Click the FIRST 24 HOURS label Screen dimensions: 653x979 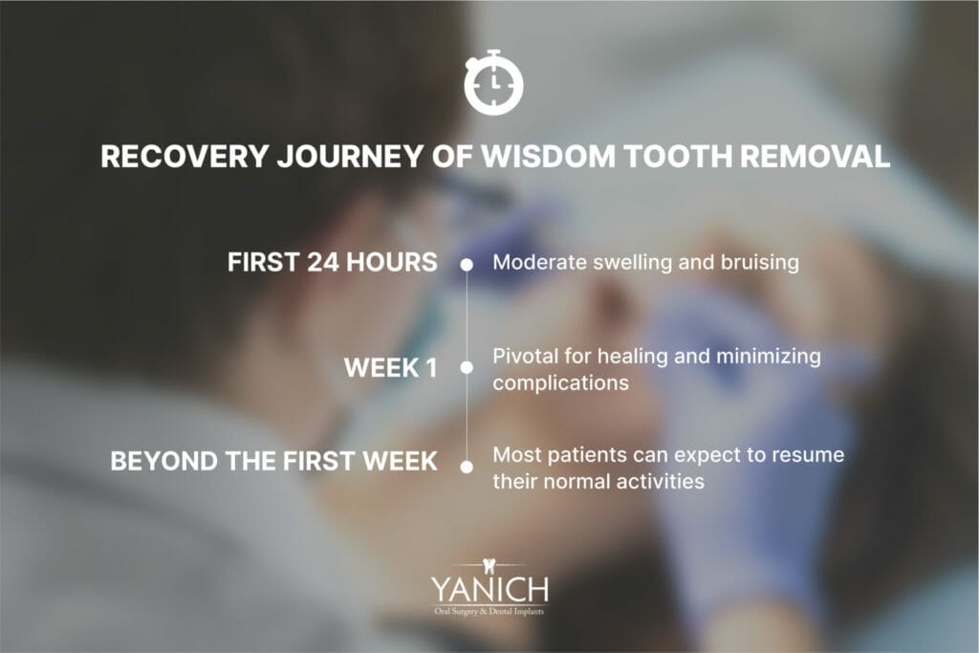tap(333, 263)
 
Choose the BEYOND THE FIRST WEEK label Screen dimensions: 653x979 tap(274, 462)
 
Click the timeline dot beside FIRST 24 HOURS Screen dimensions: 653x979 tap(468, 264)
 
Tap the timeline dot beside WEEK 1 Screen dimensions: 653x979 tap(468, 367)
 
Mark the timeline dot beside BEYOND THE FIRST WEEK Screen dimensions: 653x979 tap(468, 467)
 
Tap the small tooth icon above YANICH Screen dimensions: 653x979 tap(489, 564)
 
